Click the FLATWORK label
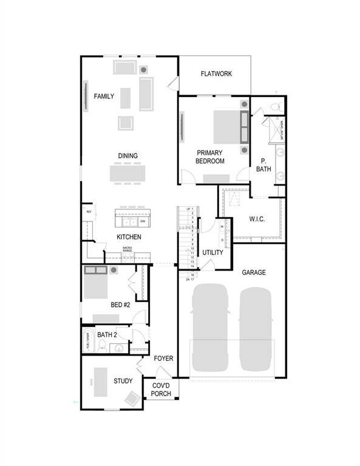pos(217,74)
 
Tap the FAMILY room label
pos(104,96)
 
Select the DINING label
pos(127,156)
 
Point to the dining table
pos(127,174)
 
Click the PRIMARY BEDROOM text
pos(209,157)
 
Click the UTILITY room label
pos(212,252)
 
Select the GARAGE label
pos(254,272)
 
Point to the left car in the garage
pos(210,328)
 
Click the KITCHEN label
pos(129,237)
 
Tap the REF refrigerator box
pos(89,212)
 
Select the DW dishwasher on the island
pos(143,221)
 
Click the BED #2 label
pos(120,305)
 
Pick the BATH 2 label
pos(107,334)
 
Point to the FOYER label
pos(163,359)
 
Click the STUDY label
pos(123,381)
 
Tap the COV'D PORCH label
pos(161,390)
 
